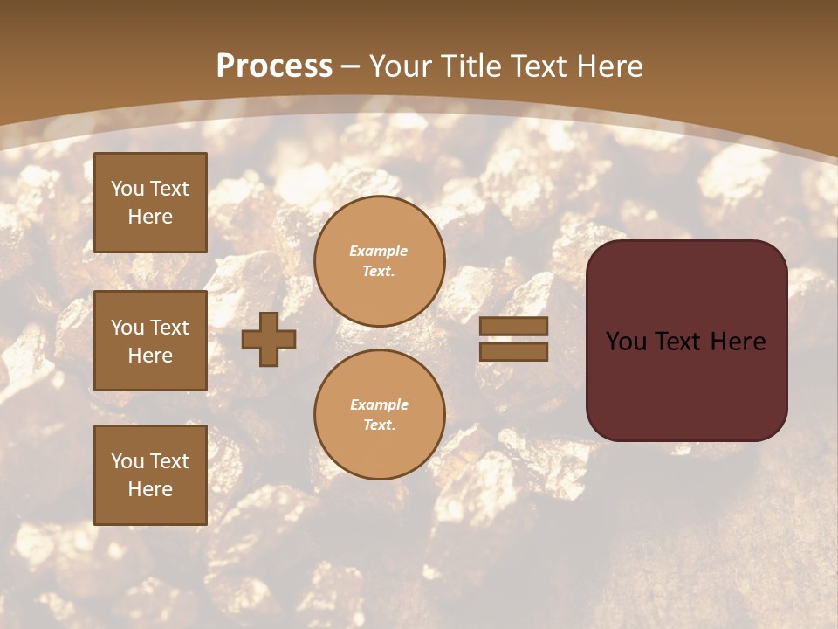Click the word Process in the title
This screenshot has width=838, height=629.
pos(274,66)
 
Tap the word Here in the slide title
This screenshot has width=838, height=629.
pos(608,66)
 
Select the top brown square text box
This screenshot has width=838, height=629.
pos(150,203)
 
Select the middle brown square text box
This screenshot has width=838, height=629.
pos(150,341)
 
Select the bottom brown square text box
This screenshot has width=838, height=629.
pos(150,475)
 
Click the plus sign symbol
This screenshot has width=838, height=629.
pos(269,339)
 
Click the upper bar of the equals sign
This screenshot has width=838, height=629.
pos(514,327)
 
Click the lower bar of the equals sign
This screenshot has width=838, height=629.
pos(514,351)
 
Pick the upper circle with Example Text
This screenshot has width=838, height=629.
pos(380,260)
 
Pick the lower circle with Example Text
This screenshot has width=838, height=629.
pos(380,414)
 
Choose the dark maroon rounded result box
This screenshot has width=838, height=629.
pos(686,341)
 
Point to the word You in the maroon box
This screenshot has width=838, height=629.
pos(626,342)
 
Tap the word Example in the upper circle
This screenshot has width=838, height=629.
pos(379,251)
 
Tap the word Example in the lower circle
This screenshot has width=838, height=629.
pos(379,404)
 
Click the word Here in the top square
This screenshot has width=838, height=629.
pos(150,217)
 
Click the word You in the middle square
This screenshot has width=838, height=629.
pos(127,328)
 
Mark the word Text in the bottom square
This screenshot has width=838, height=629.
pos(168,461)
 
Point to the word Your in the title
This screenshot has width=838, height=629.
pos(400,66)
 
